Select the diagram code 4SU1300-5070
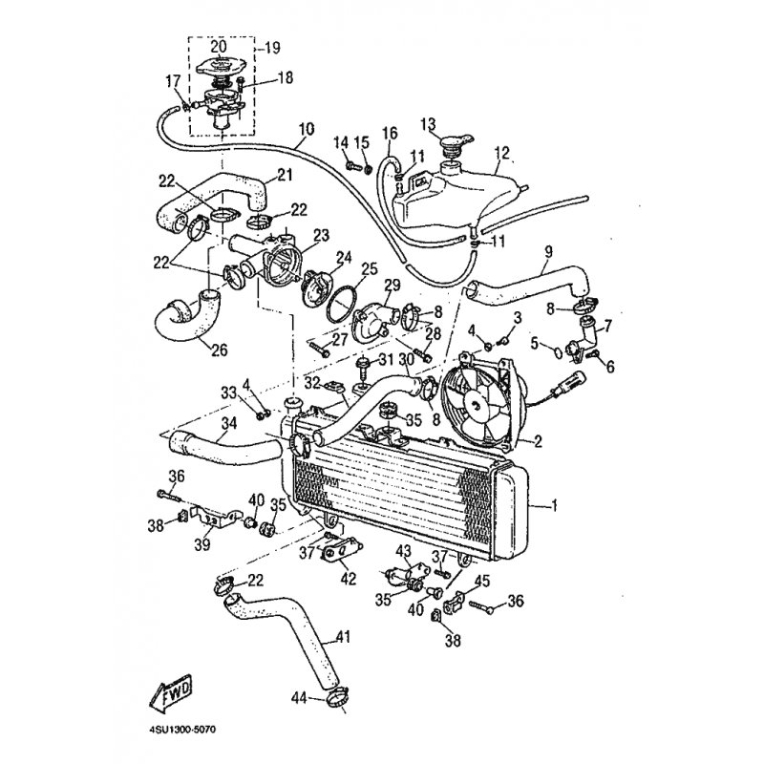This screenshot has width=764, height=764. pyautogui.click(x=181, y=730)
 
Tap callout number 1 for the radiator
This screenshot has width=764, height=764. pyautogui.click(x=553, y=506)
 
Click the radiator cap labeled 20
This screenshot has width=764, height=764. pyautogui.click(x=222, y=66)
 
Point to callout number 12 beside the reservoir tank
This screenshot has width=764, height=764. pyautogui.click(x=500, y=153)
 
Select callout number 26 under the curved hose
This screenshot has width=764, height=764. pyautogui.click(x=220, y=350)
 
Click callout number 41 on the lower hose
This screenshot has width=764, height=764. pyautogui.click(x=343, y=637)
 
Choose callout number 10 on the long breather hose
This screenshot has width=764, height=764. pyautogui.click(x=307, y=130)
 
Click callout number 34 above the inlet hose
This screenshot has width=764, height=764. pyautogui.click(x=228, y=423)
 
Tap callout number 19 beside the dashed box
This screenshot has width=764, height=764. pyautogui.click(x=272, y=48)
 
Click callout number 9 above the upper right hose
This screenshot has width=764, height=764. pyautogui.click(x=548, y=252)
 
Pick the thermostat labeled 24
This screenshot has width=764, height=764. pyautogui.click(x=317, y=288)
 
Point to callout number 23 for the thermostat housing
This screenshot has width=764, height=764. pyautogui.click(x=322, y=235)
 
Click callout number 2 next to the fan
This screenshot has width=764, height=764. pyautogui.click(x=538, y=441)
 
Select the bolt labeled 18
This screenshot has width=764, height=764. pyautogui.click(x=242, y=86)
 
